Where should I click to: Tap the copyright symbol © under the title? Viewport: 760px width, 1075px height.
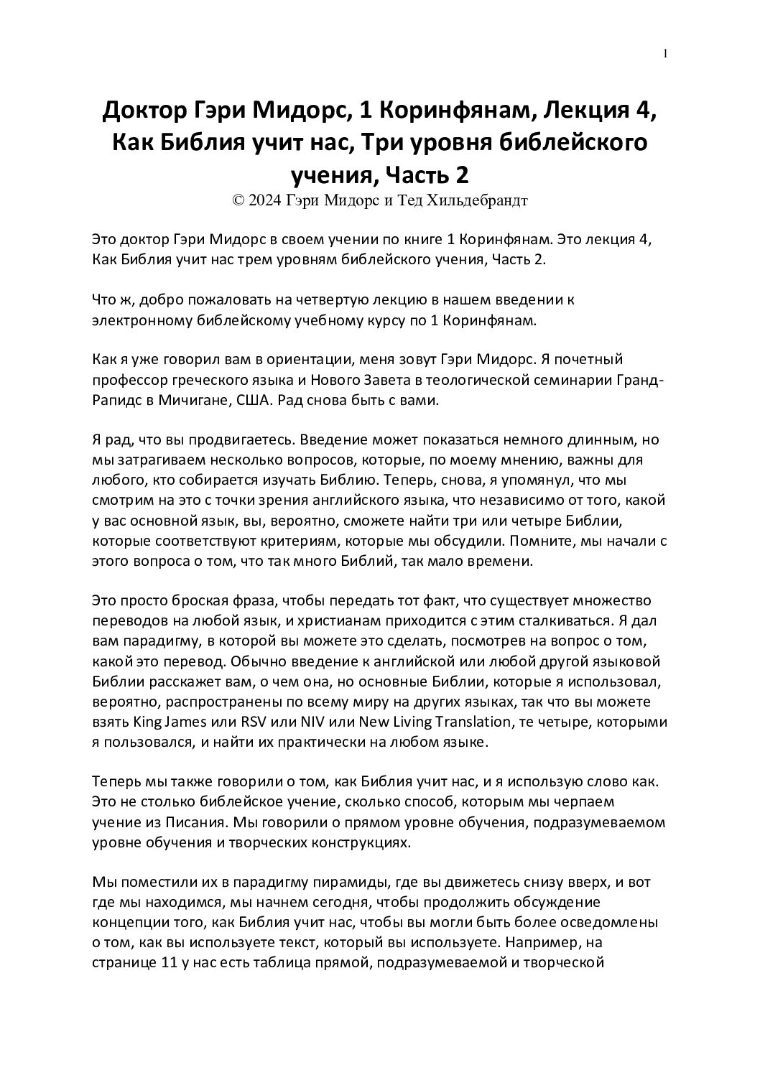click(x=238, y=200)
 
